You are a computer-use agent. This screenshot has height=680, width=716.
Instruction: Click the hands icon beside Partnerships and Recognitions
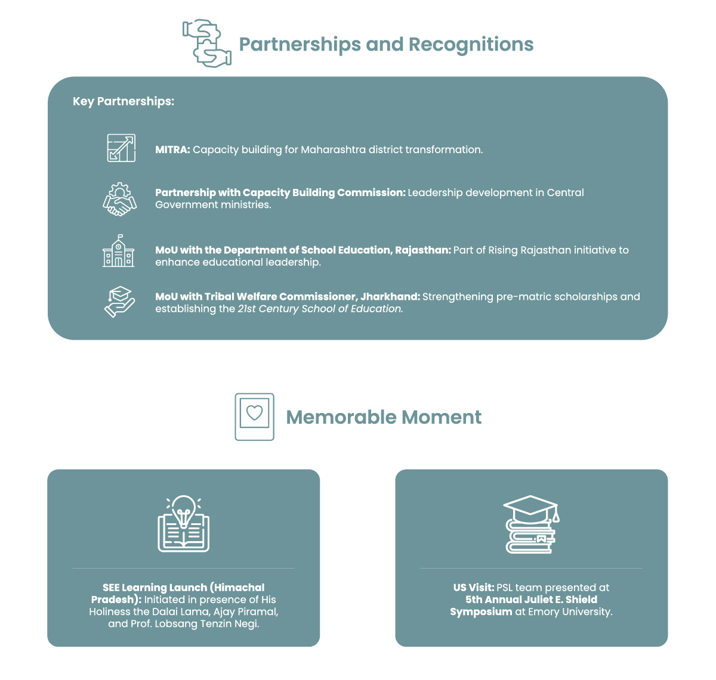[206, 44]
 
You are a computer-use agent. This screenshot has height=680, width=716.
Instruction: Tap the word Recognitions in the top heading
[471, 44]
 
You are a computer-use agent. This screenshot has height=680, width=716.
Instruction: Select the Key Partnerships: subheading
[124, 101]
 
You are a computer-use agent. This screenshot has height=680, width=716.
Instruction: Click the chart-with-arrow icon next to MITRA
[121, 148]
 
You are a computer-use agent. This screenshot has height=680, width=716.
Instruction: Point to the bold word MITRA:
[172, 150]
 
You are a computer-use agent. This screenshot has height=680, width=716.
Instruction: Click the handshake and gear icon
[119, 199]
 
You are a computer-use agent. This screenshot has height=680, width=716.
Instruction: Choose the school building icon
[118, 251]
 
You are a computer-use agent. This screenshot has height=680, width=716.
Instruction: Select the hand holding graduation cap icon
[119, 302]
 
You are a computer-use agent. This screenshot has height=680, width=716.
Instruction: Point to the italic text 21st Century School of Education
[320, 309]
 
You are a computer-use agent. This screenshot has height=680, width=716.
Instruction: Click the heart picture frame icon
[254, 417]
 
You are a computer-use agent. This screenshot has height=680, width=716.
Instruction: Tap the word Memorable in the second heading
[341, 417]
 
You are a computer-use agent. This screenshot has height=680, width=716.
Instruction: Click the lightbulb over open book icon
[184, 523]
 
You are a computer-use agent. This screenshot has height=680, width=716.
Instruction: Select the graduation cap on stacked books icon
[532, 524]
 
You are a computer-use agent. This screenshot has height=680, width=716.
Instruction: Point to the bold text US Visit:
[473, 588]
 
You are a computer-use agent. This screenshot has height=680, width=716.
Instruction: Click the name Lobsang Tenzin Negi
[207, 624]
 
